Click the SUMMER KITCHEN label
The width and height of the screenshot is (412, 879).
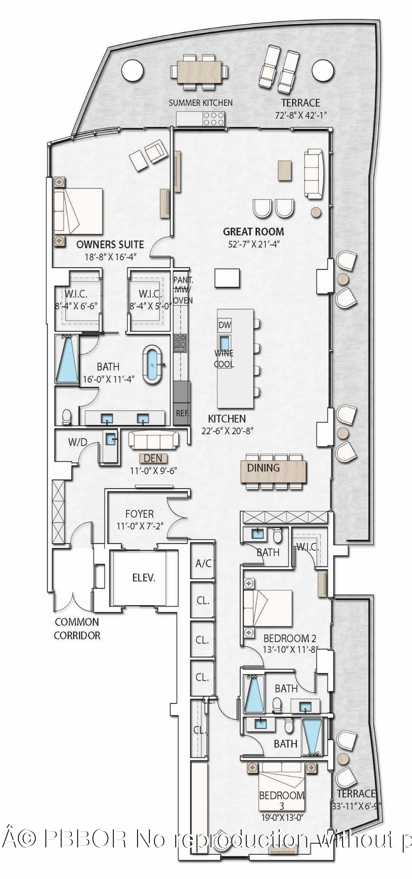201,103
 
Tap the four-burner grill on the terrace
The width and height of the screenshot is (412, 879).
214,119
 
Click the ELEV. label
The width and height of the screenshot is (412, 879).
144,578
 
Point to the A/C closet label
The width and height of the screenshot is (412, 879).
203,563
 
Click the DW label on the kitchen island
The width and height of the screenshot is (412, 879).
224,325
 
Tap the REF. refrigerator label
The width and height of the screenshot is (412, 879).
182,413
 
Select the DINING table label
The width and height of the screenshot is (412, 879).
263,468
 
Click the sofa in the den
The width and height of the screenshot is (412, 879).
153,439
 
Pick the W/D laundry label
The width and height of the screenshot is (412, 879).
78,442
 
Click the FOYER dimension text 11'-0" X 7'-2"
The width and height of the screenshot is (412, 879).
140,525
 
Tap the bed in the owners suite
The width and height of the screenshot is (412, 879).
78,211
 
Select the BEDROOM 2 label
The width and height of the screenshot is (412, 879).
289,638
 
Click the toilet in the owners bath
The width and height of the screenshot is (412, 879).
67,416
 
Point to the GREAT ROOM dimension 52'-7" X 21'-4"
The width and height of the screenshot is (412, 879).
253,244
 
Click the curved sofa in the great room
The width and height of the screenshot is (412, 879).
314,174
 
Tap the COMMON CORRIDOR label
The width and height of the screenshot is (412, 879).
77,628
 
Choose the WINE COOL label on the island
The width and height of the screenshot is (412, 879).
224,359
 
